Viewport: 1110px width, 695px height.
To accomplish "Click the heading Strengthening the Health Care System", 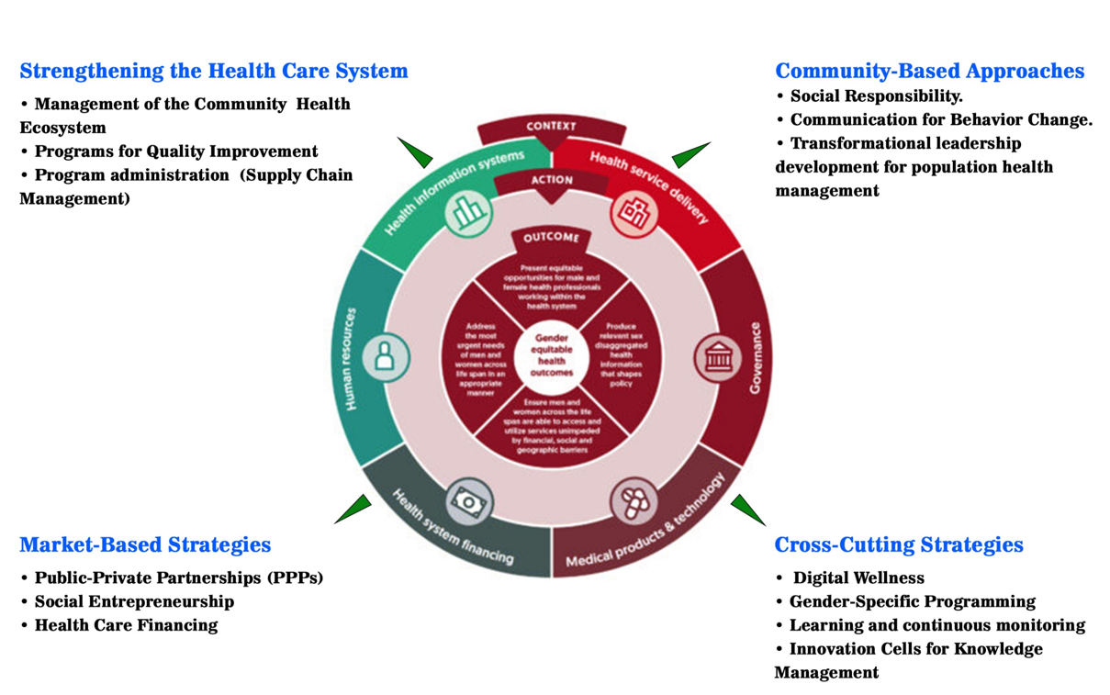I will click(x=214, y=71).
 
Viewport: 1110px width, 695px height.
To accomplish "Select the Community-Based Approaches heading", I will click(x=929, y=71).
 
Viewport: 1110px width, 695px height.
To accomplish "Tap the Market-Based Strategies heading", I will click(x=145, y=544).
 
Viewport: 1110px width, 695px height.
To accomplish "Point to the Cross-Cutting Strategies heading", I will click(x=899, y=544).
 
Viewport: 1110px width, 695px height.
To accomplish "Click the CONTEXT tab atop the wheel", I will click(x=551, y=127).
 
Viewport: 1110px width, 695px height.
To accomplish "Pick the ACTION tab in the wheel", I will click(x=551, y=180).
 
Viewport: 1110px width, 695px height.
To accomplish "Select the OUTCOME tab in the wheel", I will click(x=551, y=238).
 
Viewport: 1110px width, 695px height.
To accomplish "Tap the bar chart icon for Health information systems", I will click(x=468, y=212).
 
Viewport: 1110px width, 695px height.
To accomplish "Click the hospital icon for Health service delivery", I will click(x=633, y=213).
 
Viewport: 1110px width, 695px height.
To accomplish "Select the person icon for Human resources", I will click(x=386, y=356).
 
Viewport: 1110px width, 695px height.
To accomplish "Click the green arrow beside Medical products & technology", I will click(x=747, y=508).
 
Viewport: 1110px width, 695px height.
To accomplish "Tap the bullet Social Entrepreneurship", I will click(x=134, y=602).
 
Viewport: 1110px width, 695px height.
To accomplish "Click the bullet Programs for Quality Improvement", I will click(x=176, y=151).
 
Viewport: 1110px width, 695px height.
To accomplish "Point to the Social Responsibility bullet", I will click(x=876, y=95).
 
